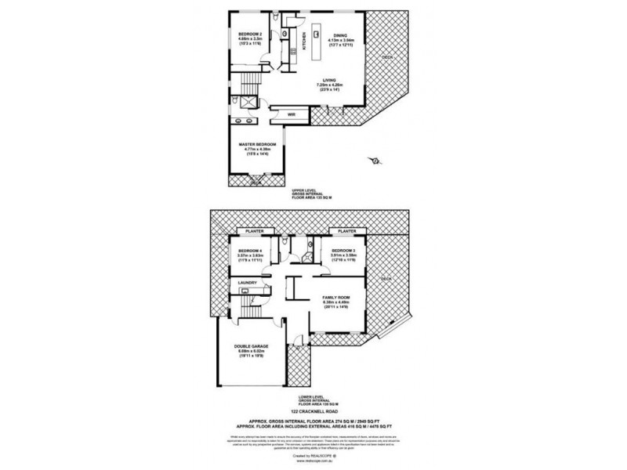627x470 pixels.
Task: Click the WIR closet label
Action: point(290,114)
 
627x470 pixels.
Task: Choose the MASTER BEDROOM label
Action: point(257,145)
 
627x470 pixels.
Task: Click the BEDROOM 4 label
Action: point(250,251)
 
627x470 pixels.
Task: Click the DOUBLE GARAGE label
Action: point(249,350)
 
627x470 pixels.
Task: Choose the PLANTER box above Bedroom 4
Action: point(253,232)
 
